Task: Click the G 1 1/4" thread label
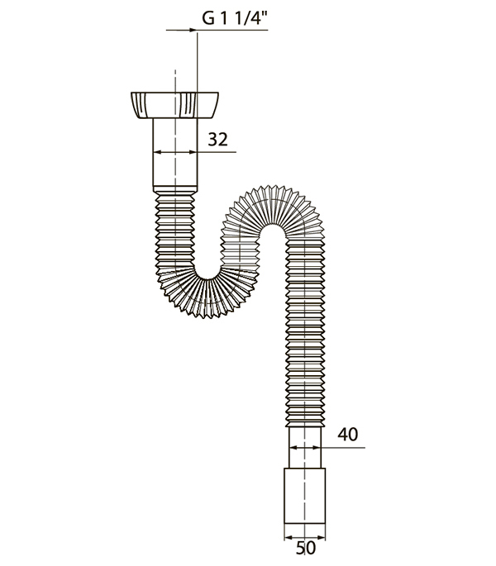[x=235, y=18]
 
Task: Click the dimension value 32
[x=218, y=140]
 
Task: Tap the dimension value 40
[x=348, y=435]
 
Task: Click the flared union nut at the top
[x=174, y=105]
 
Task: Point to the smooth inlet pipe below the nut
[x=175, y=152]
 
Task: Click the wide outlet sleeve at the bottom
[x=304, y=496]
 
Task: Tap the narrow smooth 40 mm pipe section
[x=305, y=448]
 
